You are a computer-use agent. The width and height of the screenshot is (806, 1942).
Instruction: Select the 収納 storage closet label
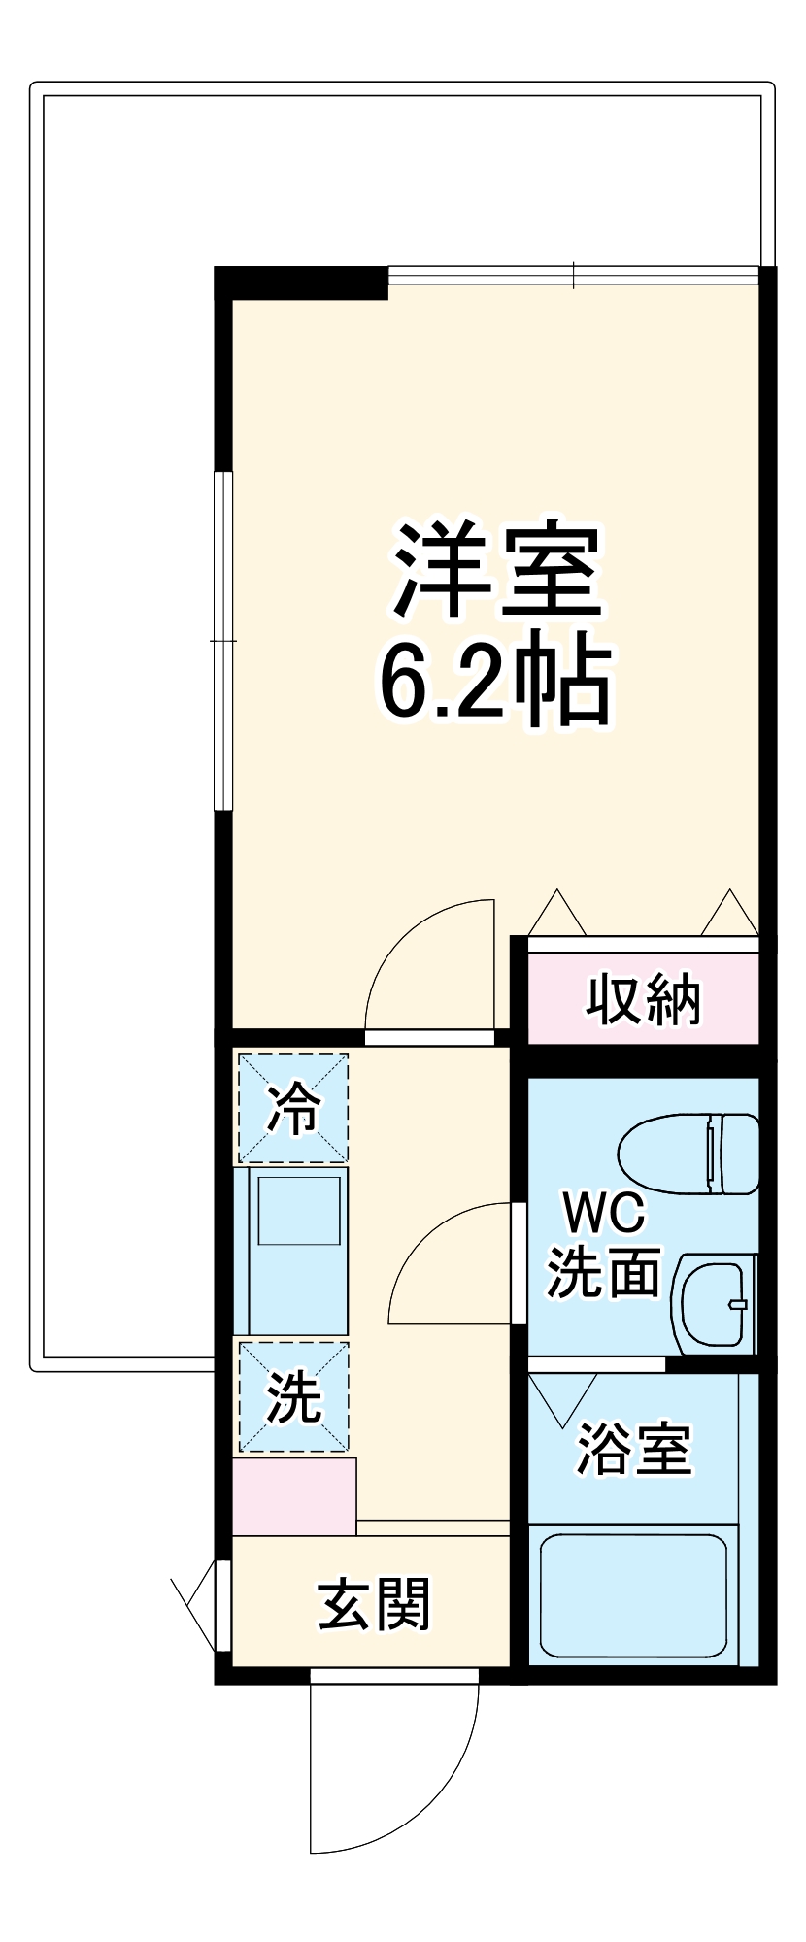coord(643,999)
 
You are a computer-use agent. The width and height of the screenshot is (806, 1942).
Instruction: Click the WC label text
coord(604,1213)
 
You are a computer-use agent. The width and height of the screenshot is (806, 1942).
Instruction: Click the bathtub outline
coord(633,1593)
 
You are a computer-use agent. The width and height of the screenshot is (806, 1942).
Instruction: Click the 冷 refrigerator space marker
coord(293,1107)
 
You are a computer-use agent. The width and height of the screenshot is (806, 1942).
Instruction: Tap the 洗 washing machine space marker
coord(293,1396)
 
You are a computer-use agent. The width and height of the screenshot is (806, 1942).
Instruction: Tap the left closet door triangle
coord(556,915)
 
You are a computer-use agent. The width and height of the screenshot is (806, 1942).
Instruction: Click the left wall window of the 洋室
coord(224,641)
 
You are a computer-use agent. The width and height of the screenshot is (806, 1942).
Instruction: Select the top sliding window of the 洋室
coord(573,276)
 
